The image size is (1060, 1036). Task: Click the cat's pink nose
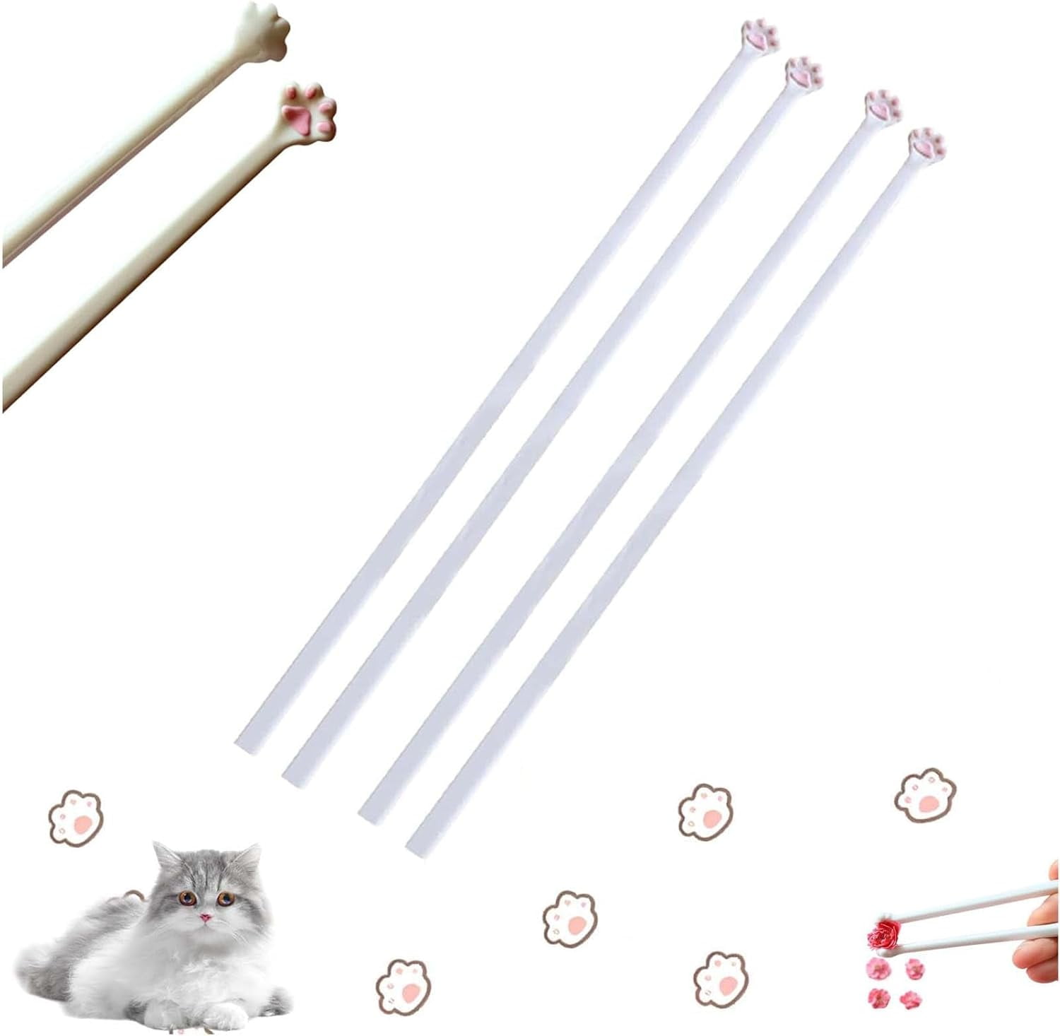(x=205, y=917)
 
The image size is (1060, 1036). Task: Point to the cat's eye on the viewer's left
(x=188, y=899)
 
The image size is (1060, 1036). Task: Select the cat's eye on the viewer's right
(x=225, y=898)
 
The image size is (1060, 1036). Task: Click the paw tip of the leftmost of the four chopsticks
(x=760, y=35)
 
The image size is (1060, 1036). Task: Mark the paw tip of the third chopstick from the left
(x=882, y=107)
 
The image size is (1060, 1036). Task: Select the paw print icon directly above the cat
(x=76, y=817)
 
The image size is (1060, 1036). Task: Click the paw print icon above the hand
(x=925, y=795)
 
